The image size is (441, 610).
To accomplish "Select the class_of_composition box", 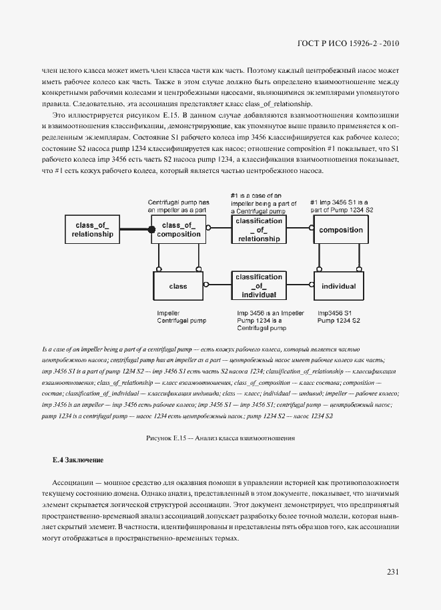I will tap(177, 230).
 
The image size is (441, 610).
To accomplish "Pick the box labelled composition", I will tap(340, 230).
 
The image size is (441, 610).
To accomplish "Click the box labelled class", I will tap(178, 286).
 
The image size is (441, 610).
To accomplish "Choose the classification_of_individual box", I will tap(258, 285).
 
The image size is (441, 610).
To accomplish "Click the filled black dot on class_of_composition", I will tap(152, 230).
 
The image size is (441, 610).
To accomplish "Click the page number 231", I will tap(392, 571).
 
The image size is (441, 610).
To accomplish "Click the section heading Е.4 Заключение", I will tap(77, 460).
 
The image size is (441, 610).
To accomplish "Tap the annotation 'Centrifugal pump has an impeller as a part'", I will tap(179, 205).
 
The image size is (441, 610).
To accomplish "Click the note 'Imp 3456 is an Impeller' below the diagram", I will tap(270, 313).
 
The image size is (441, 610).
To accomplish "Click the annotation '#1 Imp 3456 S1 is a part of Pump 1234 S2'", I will tap(343, 205).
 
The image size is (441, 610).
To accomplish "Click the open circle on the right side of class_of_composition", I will tap(207, 228).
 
